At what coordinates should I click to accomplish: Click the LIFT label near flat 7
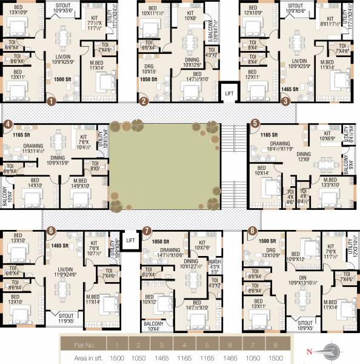[x=130, y=241]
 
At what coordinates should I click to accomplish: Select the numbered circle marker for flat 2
[x=144, y=101]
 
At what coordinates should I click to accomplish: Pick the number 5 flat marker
[x=255, y=123]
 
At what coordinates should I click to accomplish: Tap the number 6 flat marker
[x=51, y=231]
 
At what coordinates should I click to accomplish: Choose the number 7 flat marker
[x=147, y=231]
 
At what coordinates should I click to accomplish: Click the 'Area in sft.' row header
[x=82, y=357]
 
